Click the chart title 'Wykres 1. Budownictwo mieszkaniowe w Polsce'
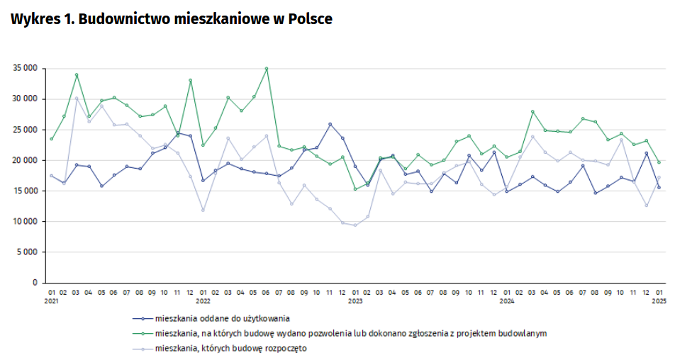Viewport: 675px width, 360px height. point(172,19)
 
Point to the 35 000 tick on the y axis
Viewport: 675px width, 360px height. point(24,68)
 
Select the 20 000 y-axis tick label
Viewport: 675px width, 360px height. point(24,160)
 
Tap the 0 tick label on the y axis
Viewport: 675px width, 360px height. point(35,283)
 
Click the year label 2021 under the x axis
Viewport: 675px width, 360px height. point(51,300)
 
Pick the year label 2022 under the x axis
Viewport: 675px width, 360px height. point(203,300)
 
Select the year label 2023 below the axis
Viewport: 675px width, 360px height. point(355,300)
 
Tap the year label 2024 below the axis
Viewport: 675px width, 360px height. point(507,300)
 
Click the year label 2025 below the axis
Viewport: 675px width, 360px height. point(659,300)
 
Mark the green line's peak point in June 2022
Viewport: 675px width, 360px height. point(266,69)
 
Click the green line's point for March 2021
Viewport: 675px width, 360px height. point(77,74)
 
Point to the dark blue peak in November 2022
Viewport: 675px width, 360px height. point(330,124)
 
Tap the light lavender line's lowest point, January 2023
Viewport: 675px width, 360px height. point(355,225)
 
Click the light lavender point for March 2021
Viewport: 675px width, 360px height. point(77,99)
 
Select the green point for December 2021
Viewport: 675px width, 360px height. point(190,80)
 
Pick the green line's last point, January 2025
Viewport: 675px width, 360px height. point(659,162)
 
